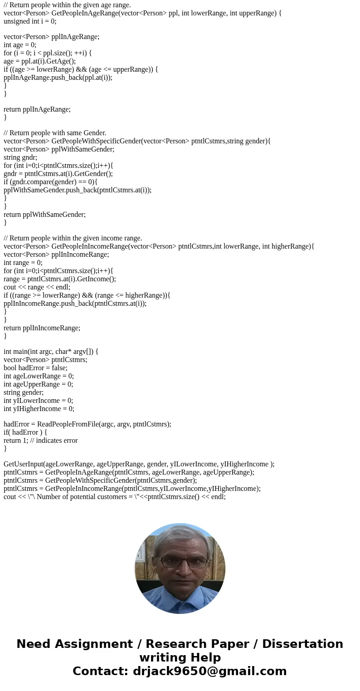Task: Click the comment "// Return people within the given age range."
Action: click(x=67, y=5)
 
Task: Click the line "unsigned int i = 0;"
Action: click(x=30, y=21)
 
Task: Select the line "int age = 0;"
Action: click(x=20, y=45)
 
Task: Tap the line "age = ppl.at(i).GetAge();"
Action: click(x=39, y=61)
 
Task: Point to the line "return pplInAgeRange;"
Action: click(x=37, y=109)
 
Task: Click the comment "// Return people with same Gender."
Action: click(x=55, y=133)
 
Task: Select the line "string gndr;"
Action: click(x=20, y=157)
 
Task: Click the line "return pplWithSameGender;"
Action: click(x=44, y=214)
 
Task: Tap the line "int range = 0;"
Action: click(x=23, y=262)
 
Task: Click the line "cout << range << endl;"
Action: click(x=37, y=287)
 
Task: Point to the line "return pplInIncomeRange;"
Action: click(x=42, y=328)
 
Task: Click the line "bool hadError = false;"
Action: click(x=35, y=368)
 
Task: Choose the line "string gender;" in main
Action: click(x=24, y=392)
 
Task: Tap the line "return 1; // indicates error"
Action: click(x=41, y=440)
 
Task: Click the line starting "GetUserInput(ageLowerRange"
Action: click(x=139, y=464)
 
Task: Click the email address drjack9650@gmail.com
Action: click(x=209, y=671)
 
